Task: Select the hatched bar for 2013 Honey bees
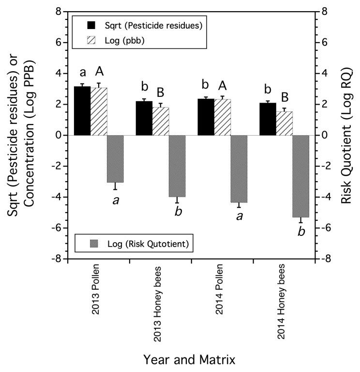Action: pos(161,121)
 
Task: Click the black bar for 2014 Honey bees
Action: pos(268,119)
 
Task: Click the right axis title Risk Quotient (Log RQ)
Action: pos(346,135)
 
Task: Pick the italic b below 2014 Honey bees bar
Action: pos(301,232)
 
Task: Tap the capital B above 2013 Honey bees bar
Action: pos(161,91)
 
